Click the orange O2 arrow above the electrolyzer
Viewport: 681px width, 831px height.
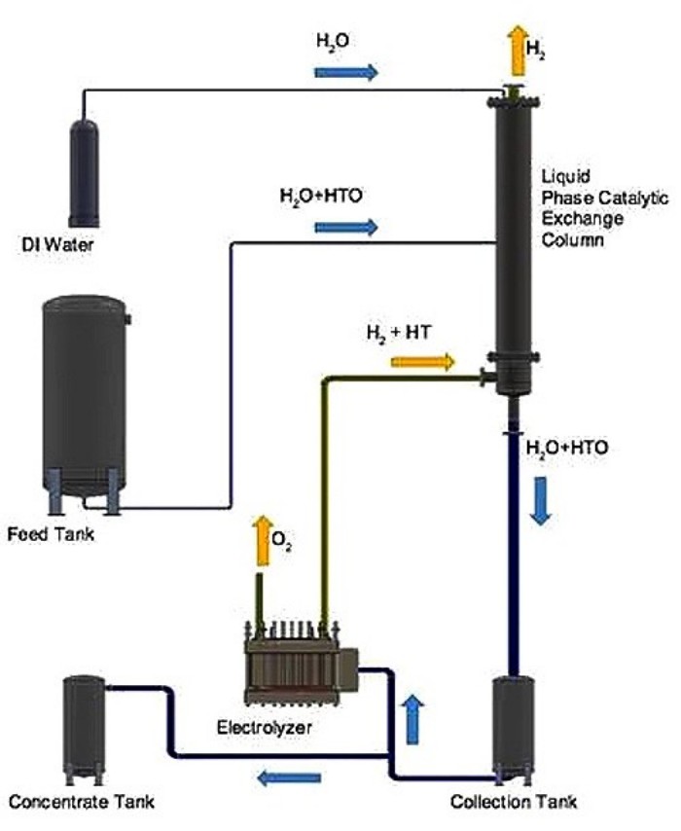point(261,542)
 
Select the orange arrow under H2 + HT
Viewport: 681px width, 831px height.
point(422,362)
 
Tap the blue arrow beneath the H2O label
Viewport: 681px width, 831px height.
point(345,72)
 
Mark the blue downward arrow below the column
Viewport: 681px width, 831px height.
point(541,501)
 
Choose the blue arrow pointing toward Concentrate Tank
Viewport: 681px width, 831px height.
point(289,777)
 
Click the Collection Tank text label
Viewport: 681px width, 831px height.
point(513,803)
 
